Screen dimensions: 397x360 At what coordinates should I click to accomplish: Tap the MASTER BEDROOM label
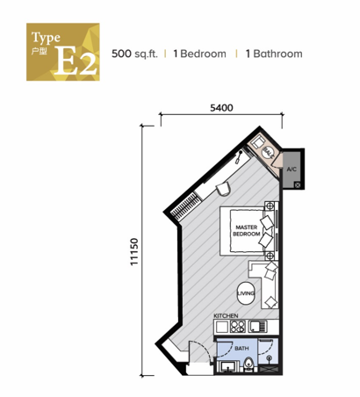click(x=245, y=230)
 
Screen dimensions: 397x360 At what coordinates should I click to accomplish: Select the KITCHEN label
click(x=227, y=314)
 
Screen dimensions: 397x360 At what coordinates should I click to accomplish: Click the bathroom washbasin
click(x=227, y=367)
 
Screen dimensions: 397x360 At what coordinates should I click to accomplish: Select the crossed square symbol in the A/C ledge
click(x=299, y=184)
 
